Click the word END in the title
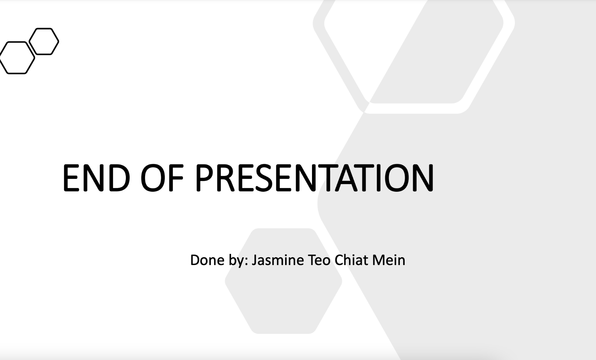coord(96,177)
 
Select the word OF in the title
coord(162,177)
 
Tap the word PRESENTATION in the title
coord(315,177)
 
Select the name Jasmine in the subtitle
coord(277,260)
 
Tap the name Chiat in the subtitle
coord(351,260)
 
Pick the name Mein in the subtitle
coord(389,260)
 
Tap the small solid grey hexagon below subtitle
coord(283,281)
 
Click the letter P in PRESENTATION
coord(205,177)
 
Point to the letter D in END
coord(120,177)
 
